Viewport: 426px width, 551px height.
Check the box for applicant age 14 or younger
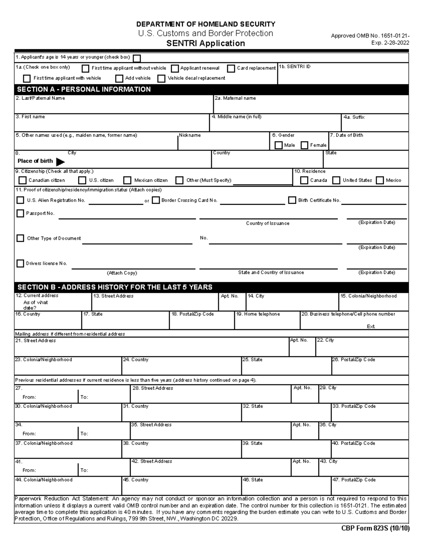137,58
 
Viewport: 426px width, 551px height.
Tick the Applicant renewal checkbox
175,68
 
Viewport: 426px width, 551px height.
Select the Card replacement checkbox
231,68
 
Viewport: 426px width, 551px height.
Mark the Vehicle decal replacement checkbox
162,78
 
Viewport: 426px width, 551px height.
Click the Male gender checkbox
279,145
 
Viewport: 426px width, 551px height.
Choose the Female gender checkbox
305,145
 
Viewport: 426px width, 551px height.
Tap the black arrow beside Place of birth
60,162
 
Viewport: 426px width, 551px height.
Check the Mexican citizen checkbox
127,181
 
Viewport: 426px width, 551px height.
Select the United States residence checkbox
336,181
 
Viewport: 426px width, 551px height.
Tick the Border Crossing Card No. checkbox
155,200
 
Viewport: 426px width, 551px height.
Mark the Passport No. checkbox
20,213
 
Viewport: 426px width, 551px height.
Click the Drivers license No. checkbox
20,263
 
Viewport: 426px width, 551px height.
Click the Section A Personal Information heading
84,89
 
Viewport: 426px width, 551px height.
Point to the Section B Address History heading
115,287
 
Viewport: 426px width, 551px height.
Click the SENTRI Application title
206,43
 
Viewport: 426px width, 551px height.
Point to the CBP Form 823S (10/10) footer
375,528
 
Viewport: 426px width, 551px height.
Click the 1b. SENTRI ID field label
295,67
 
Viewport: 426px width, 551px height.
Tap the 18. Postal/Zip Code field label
193,314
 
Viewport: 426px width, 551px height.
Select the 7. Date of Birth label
346,135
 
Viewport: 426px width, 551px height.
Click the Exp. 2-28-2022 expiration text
390,43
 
